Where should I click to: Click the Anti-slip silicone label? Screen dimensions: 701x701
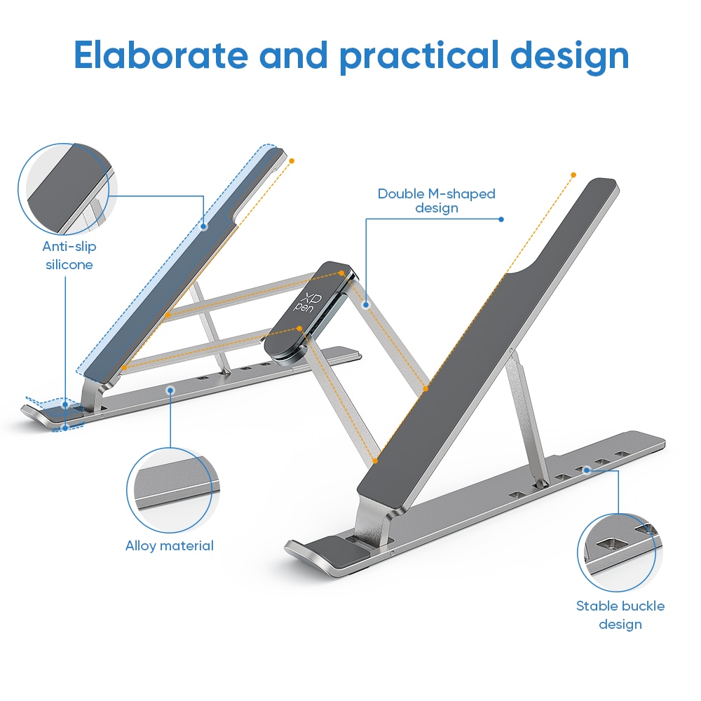coord(69,255)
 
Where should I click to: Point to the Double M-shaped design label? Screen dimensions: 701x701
coord(436,200)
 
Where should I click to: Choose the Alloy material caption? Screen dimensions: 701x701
coord(170,545)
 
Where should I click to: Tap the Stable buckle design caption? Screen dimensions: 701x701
coord(620,614)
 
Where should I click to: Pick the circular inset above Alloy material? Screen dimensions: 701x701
coord(170,490)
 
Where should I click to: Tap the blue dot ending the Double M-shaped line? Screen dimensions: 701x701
coord(501,219)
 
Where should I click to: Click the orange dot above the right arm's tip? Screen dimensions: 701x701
coord(573,175)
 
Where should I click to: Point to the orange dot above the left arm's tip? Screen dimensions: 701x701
coord(292,161)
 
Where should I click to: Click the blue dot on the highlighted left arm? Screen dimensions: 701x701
coord(204,226)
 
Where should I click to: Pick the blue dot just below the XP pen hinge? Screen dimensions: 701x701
coord(366,306)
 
